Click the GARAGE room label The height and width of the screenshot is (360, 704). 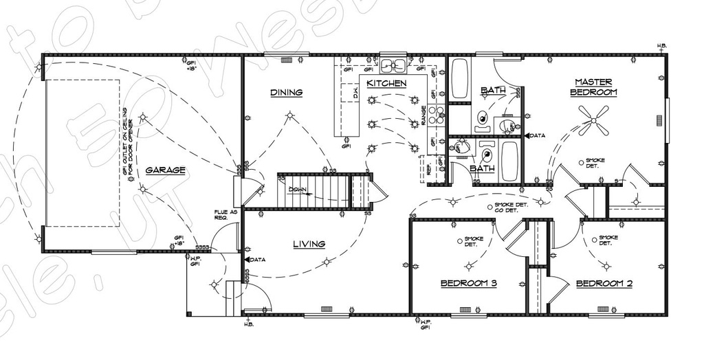pos(165,170)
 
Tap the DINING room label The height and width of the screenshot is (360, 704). pos(286,92)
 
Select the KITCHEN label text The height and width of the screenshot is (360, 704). pos(386,84)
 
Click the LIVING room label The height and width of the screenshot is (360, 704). pos(309,244)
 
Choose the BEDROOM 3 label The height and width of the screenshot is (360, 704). pos(469,284)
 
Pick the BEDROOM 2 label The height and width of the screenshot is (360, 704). pos(604,284)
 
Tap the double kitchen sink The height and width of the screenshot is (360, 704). pos(394,65)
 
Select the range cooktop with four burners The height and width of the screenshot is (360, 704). pos(437,113)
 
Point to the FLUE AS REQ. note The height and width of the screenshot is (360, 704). pos(225,214)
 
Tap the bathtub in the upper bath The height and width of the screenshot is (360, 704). pos(460,79)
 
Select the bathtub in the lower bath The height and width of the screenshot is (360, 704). pos(509,161)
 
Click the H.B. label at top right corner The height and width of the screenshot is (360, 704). pos(662,46)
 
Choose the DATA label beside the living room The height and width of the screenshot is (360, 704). pos(255,260)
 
